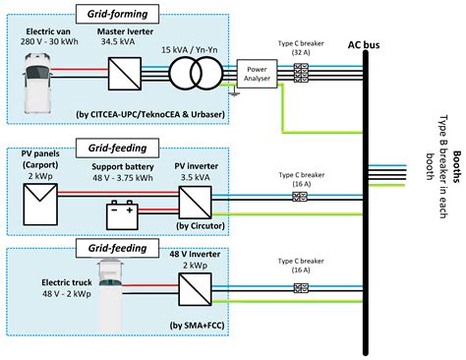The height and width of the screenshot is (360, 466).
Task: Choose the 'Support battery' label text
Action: click(123, 167)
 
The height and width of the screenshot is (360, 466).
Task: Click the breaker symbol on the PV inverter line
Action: click(299, 196)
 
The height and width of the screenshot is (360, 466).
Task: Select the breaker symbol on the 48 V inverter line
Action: click(299, 286)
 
